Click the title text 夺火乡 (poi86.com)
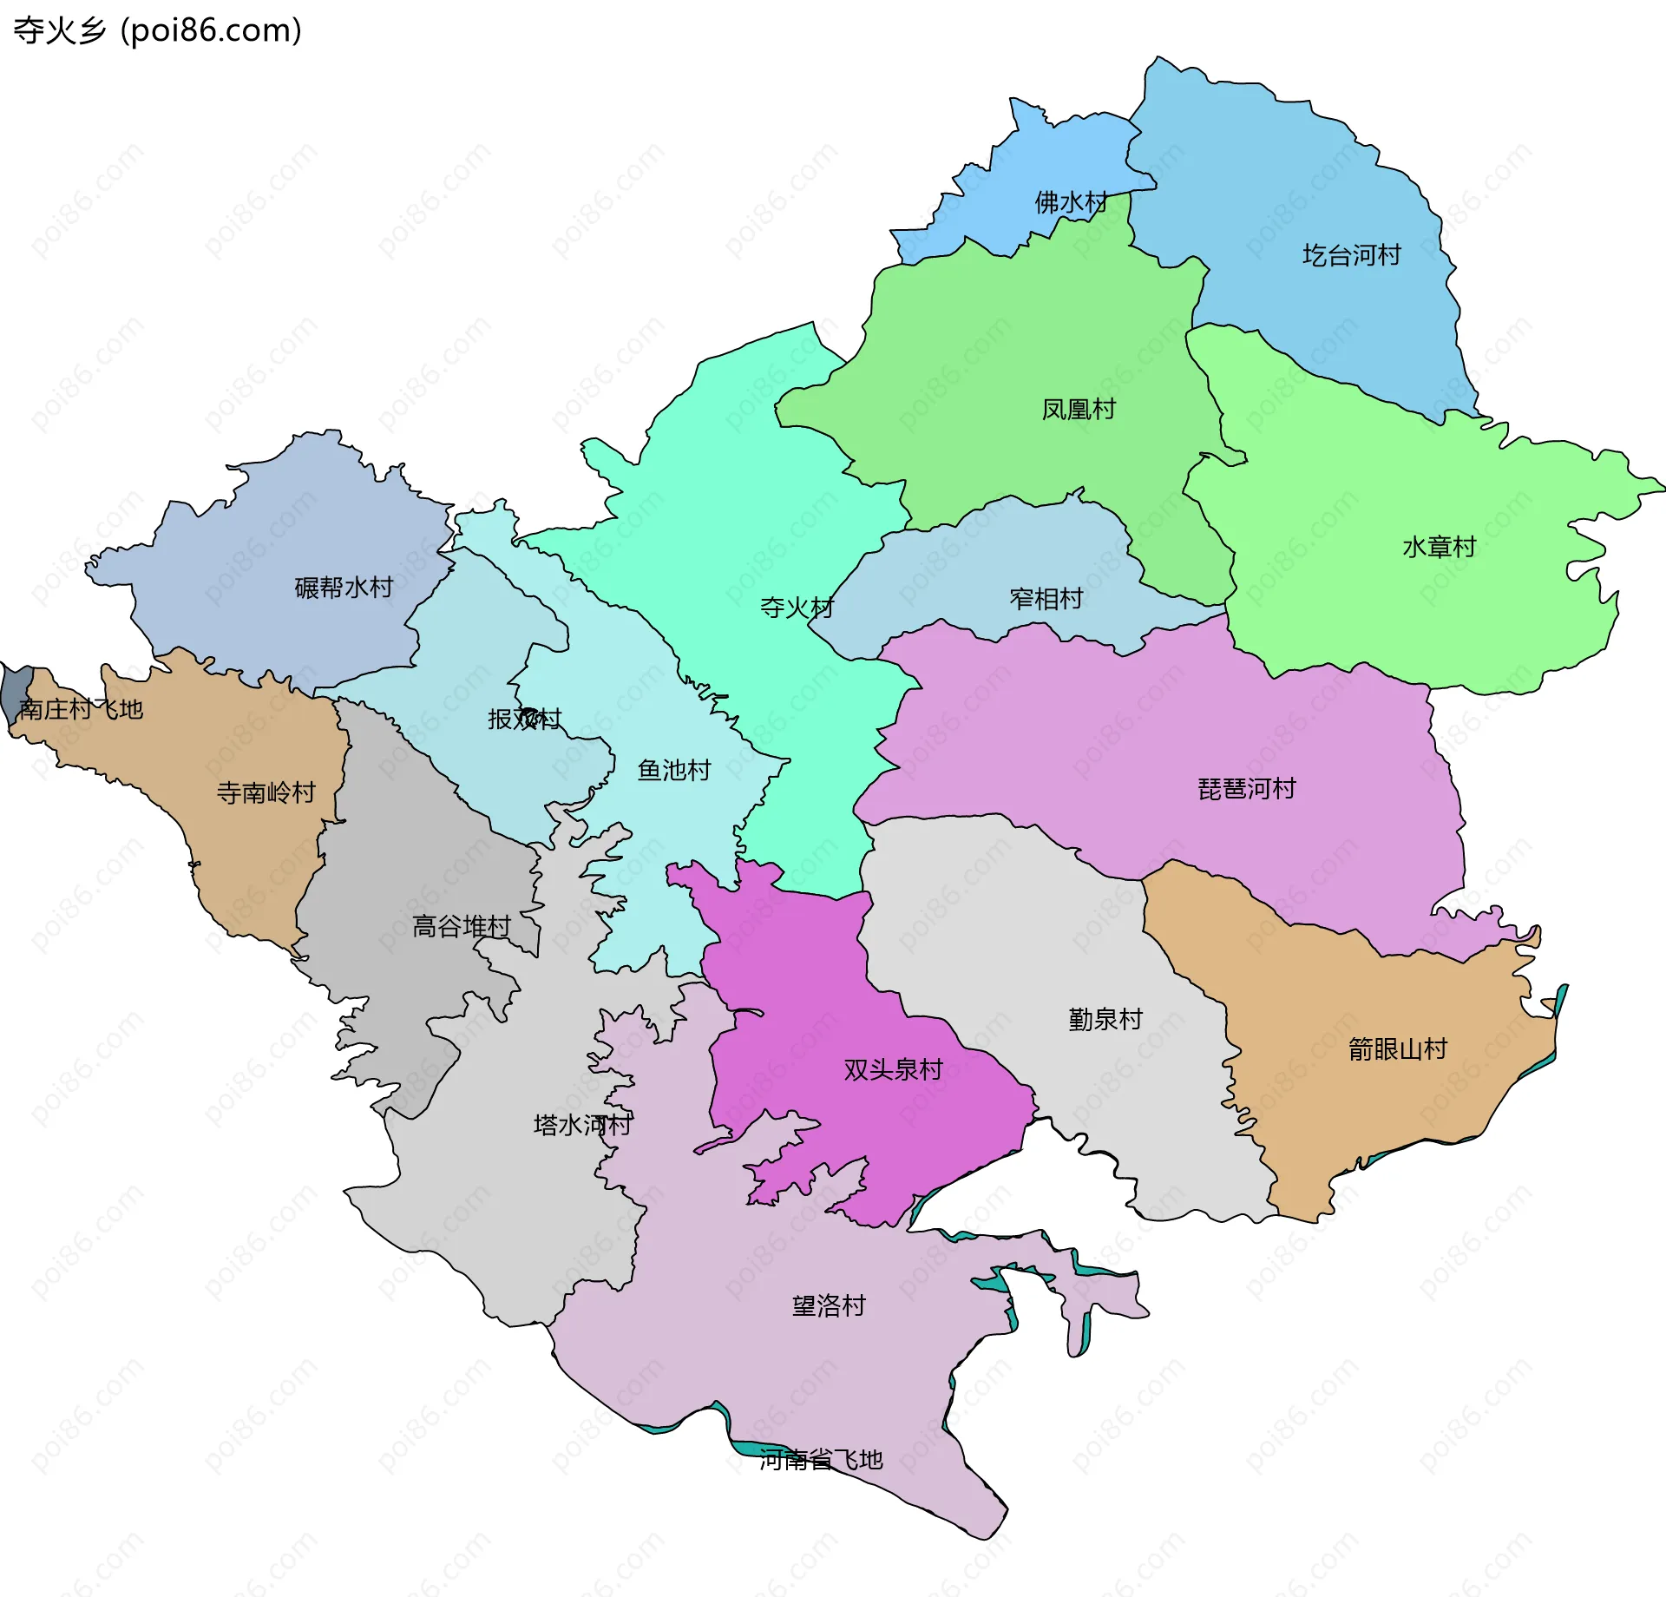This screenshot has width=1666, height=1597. (158, 30)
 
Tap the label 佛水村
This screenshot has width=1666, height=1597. (1071, 202)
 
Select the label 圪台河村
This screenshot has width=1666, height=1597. (1351, 255)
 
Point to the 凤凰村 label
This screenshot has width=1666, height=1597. (1078, 409)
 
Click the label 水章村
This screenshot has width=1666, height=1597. (1439, 547)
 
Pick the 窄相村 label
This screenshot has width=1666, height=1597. (1046, 598)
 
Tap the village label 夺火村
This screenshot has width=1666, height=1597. (797, 607)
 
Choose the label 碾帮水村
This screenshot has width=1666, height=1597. (344, 588)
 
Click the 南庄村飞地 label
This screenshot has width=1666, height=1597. (81, 709)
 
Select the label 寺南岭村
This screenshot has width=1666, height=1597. (266, 792)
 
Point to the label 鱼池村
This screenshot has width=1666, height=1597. (673, 770)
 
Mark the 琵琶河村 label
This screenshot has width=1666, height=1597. (1246, 789)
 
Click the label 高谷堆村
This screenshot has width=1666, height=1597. (461, 926)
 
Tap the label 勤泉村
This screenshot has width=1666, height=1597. (1105, 1019)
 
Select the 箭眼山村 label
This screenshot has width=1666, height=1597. (1397, 1049)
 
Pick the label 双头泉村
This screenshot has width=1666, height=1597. (893, 1069)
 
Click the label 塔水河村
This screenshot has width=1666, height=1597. (582, 1125)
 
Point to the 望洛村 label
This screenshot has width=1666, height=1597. (829, 1305)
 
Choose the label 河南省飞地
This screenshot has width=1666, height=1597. (821, 1460)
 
